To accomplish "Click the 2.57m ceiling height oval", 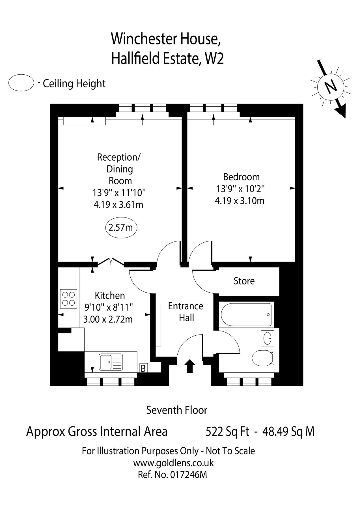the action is (x=121, y=227).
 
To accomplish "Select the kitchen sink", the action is (x=111, y=362).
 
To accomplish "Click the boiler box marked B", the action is (x=143, y=368).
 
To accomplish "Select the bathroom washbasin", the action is (x=267, y=338).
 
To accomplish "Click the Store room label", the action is (x=244, y=281).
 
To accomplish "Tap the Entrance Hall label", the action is (x=186, y=312).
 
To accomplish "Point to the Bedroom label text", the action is (x=241, y=177).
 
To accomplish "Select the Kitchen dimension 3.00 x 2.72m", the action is (x=108, y=320).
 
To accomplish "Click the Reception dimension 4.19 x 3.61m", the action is (x=118, y=204).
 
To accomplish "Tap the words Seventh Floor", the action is (x=177, y=410).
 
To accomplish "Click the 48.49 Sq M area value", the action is (x=288, y=432).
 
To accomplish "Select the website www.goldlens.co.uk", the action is (x=173, y=463).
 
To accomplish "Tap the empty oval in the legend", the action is (x=21, y=83).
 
